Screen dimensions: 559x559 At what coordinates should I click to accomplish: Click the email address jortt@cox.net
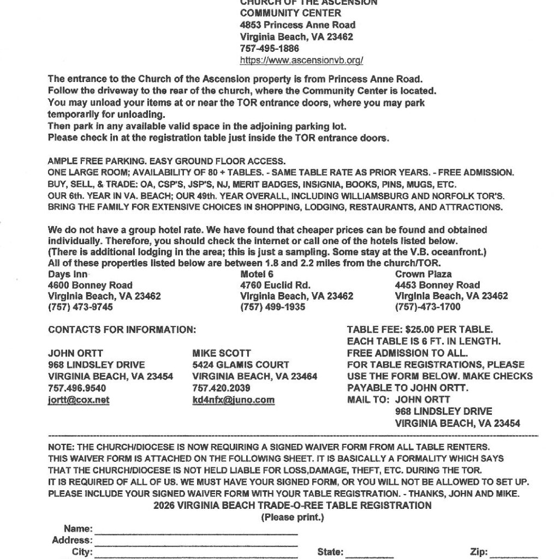point(79,400)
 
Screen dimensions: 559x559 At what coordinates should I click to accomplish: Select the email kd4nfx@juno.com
point(234,400)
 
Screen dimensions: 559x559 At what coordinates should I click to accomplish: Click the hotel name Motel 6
point(257,274)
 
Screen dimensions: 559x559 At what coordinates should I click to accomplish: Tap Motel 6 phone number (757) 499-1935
point(273,307)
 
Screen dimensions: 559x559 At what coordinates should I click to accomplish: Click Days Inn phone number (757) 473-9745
point(81,307)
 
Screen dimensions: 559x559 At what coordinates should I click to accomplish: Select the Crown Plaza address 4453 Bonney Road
point(437,285)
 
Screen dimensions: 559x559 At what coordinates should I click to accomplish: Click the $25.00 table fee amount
point(412,329)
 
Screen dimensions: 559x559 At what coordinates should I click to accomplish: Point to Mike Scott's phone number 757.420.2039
point(222,388)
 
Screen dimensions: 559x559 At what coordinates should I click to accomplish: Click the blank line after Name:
point(197,530)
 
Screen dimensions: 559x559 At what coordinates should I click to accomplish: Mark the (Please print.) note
point(293,517)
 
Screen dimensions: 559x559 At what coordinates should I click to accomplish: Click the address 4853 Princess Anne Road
point(298,25)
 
